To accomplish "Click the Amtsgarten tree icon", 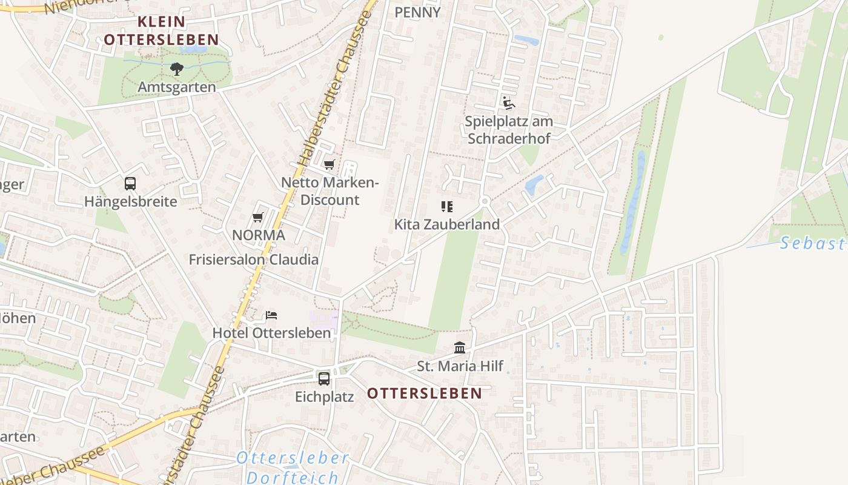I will pos(176,69).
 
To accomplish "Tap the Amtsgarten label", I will pos(176,87).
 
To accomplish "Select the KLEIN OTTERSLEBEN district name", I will pos(161,31).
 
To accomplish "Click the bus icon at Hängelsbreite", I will pos(130,183).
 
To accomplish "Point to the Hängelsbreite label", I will pos(131,201).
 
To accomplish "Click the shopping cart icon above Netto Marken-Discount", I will pos(330,164).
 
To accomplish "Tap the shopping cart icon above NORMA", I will pos(258,217).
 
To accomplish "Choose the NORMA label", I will pos(259,235).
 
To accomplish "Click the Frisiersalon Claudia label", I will pos(253,259).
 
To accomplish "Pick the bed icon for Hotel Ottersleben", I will pos(271,315).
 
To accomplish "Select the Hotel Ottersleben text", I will pos(271,333).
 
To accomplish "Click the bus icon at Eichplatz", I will pos(324,379).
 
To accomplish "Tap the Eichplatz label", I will pos(324,397).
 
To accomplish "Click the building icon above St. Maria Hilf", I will pos(460,348).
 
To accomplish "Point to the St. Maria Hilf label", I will pos(460,366).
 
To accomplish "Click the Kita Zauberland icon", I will pos(447,207).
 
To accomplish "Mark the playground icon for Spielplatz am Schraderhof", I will pos(508,103).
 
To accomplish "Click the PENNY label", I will pos(417,12).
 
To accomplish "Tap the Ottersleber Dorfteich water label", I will pos(293,467).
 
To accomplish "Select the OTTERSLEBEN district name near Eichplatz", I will pos(425,393).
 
